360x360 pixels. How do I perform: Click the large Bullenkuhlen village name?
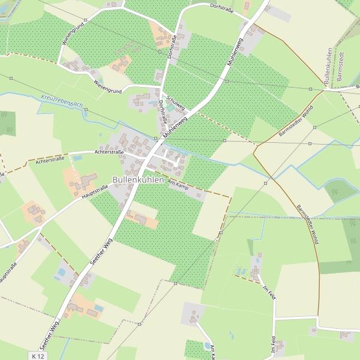click(138, 179)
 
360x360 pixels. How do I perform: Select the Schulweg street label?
click(177, 103)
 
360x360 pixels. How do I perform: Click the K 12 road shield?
click(37, 356)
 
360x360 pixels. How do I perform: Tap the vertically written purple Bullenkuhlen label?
click(328, 66)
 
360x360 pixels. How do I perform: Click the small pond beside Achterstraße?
click(77, 158)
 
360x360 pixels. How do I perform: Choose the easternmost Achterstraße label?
click(109, 152)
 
